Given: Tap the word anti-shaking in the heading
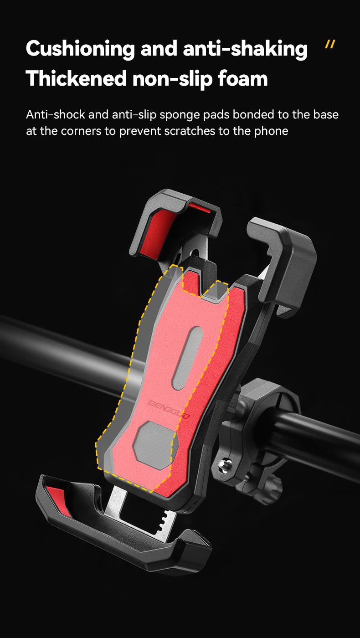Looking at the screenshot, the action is coord(245,49).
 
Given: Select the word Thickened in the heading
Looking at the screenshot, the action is coord(76,78).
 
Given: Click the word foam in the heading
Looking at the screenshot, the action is coord(243,78).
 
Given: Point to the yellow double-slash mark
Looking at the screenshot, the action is coord(330,45).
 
